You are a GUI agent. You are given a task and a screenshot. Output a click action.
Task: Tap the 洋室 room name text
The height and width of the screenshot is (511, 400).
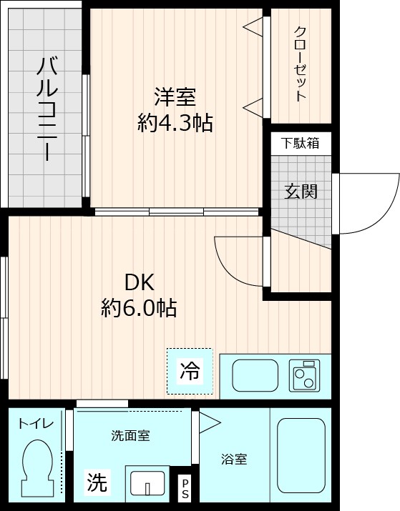[x=175, y=96]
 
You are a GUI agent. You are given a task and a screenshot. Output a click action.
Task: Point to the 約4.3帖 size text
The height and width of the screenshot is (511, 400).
[x=175, y=123]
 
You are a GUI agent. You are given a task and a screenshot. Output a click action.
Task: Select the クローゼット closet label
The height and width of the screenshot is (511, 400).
[x=300, y=64]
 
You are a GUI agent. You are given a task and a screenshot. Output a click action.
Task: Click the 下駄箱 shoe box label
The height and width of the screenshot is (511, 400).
[x=300, y=143]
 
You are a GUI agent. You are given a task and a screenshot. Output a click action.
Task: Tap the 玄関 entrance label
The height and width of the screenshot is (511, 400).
[x=301, y=192]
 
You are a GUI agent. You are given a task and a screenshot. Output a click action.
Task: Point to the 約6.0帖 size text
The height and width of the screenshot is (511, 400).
[x=139, y=308]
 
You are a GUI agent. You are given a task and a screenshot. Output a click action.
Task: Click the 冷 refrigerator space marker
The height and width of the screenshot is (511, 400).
[x=190, y=371]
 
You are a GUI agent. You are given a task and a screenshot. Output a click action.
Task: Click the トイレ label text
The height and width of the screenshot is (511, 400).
[x=36, y=424]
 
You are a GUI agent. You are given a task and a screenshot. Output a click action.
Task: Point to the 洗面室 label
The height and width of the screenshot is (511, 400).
[x=130, y=436]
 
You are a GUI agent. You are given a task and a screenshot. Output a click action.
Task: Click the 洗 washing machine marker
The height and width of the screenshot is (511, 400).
[x=97, y=483]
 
